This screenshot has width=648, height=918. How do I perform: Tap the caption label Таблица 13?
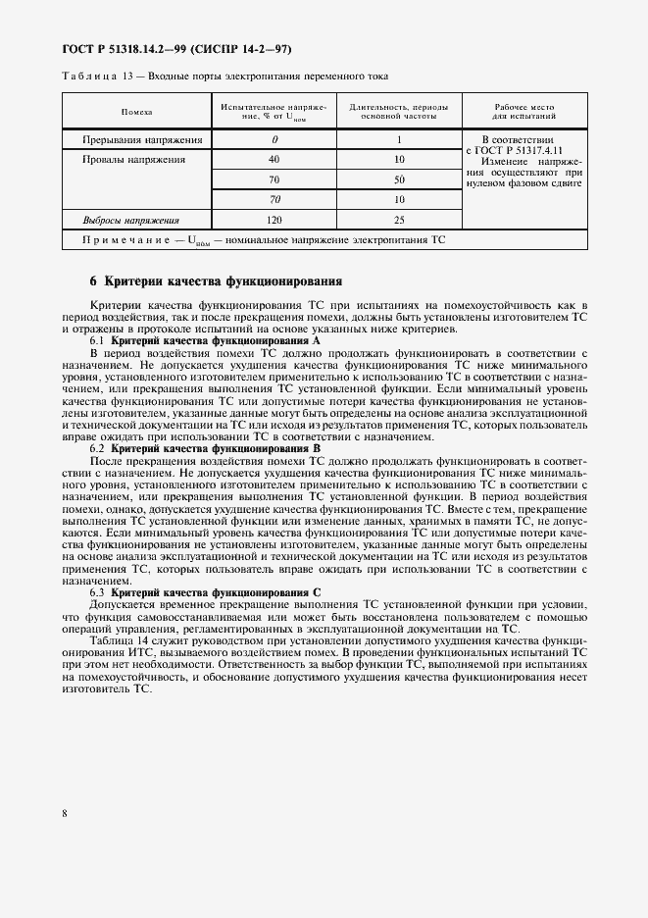pyautogui.click(x=92, y=76)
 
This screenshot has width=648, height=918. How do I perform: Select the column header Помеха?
pyautogui.click(x=136, y=113)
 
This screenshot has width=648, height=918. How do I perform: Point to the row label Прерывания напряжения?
pyautogui.click(x=136, y=140)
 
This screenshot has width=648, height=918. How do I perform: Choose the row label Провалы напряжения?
pyautogui.click(x=126, y=159)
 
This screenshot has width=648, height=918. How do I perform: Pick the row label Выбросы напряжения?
pyautogui.click(x=130, y=221)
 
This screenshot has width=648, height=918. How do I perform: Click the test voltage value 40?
pyautogui.click(x=274, y=159)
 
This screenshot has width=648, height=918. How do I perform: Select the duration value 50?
pyautogui.click(x=400, y=179)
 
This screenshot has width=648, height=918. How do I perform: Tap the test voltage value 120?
pyautogui.click(x=274, y=221)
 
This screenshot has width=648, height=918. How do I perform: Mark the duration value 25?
pyautogui.click(x=400, y=221)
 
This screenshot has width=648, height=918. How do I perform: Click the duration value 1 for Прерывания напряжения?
pyautogui.click(x=400, y=140)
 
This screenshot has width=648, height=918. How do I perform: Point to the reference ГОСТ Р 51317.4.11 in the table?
pyautogui.click(x=518, y=151)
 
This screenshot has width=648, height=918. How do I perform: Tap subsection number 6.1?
pyautogui.click(x=98, y=339)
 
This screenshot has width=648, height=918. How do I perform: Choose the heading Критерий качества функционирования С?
pyautogui.click(x=217, y=593)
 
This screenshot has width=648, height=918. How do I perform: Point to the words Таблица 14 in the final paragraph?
pyautogui.click(x=116, y=641)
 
